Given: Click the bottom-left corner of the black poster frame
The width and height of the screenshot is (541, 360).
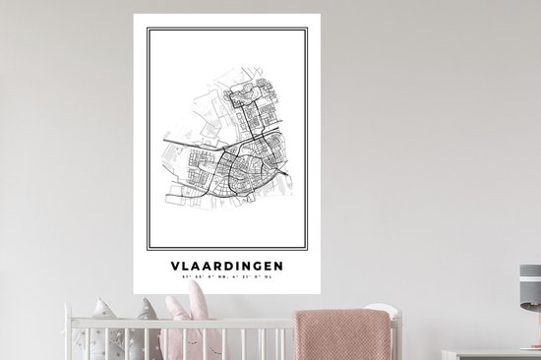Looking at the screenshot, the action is pos(149,248).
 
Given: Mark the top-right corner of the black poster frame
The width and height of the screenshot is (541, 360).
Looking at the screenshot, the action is pos(307,30).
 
